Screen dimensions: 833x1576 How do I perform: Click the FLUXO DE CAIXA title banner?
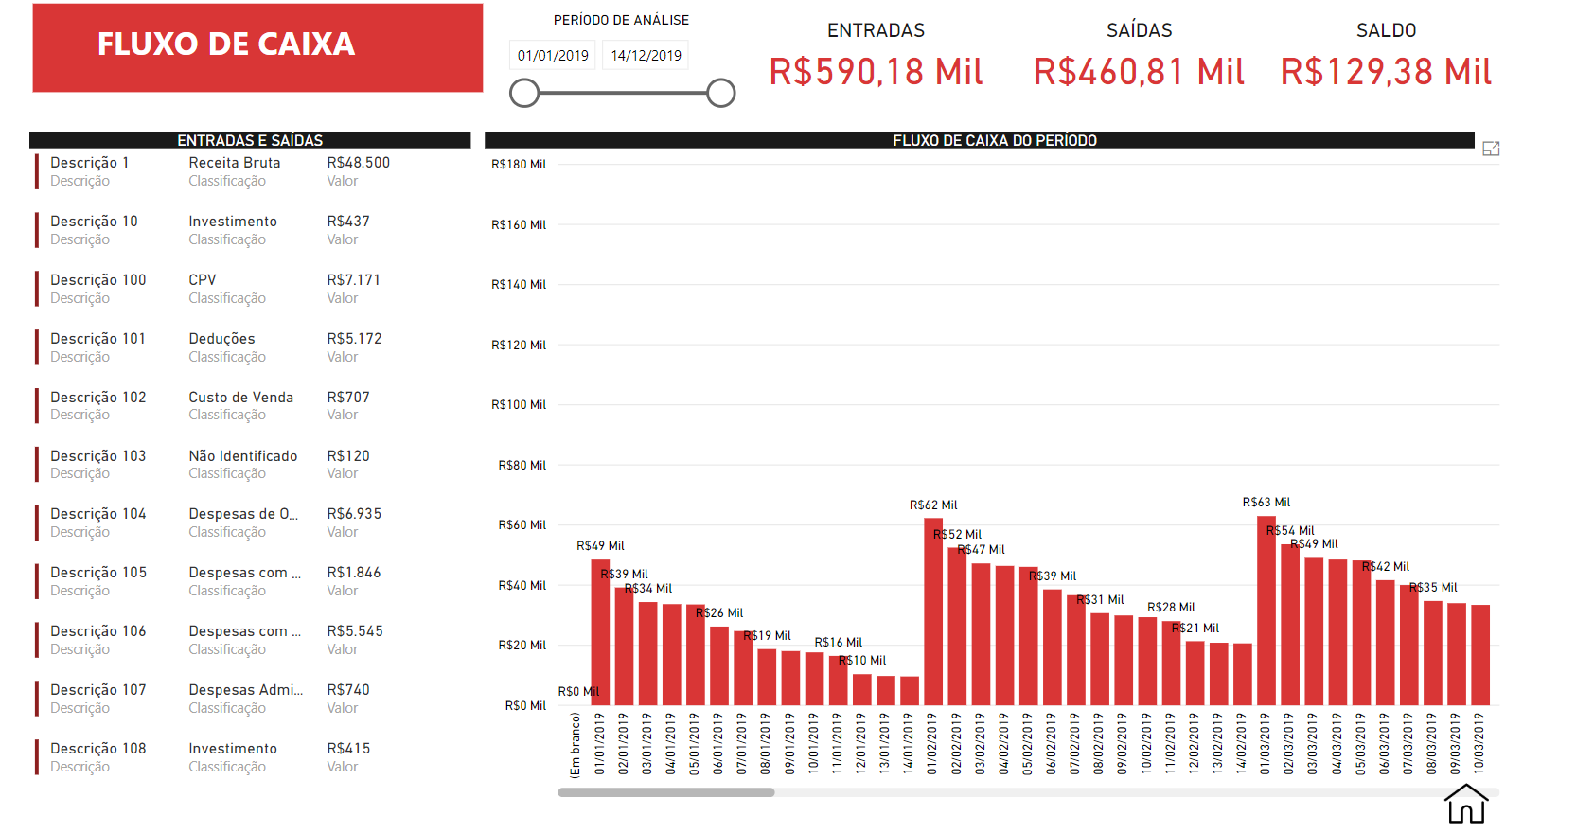click(x=257, y=47)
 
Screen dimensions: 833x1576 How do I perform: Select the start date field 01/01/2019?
click(x=553, y=56)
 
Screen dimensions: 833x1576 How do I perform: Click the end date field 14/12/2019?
click(x=646, y=56)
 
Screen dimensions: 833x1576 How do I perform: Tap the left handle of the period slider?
click(x=524, y=93)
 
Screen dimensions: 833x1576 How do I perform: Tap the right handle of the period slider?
click(x=720, y=93)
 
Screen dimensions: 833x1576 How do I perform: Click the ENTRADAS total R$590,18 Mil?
click(x=876, y=72)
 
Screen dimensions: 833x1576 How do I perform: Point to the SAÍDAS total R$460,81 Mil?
click(x=1138, y=72)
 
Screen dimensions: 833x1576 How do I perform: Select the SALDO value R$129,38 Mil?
click(x=1386, y=72)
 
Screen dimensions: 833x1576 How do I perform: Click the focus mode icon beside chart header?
click(x=1491, y=149)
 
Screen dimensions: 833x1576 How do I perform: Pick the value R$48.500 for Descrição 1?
click(x=358, y=163)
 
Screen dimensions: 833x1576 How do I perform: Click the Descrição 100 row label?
click(x=98, y=280)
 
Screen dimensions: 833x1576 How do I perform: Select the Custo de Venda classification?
click(x=240, y=398)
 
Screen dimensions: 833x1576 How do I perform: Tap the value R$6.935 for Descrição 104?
click(x=354, y=514)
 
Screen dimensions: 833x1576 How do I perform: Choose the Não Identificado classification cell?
click(x=242, y=456)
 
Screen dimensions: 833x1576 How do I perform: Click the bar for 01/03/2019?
click(x=1266, y=611)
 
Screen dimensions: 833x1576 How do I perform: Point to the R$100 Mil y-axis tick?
click(x=519, y=405)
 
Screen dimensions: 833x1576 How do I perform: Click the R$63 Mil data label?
click(x=1266, y=503)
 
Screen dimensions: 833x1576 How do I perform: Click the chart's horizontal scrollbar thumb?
click(x=665, y=792)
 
